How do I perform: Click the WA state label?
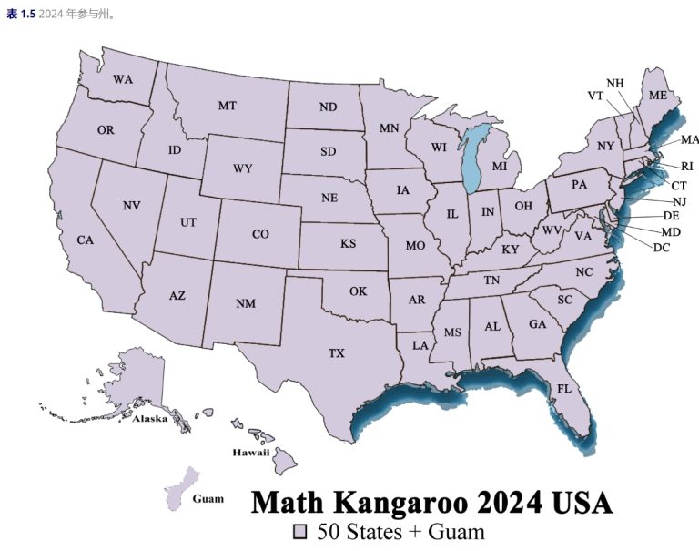pyautogui.click(x=123, y=79)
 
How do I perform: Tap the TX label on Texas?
pyautogui.click(x=337, y=352)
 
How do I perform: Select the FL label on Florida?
pyautogui.click(x=564, y=388)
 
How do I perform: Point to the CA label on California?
pyautogui.click(x=85, y=240)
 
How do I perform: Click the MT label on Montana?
pyautogui.click(x=227, y=106)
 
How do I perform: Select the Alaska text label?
pyautogui.click(x=150, y=419)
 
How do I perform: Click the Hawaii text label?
pyautogui.click(x=250, y=452)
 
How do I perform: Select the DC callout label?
pyautogui.click(x=662, y=247)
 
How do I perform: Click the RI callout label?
pyautogui.click(x=686, y=167)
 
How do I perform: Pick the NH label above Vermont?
pyautogui.click(x=615, y=83)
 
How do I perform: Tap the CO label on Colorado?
pyautogui.click(x=260, y=234)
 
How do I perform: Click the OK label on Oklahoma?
pyautogui.click(x=358, y=291)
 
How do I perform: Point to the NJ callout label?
pyautogui.click(x=679, y=201)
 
